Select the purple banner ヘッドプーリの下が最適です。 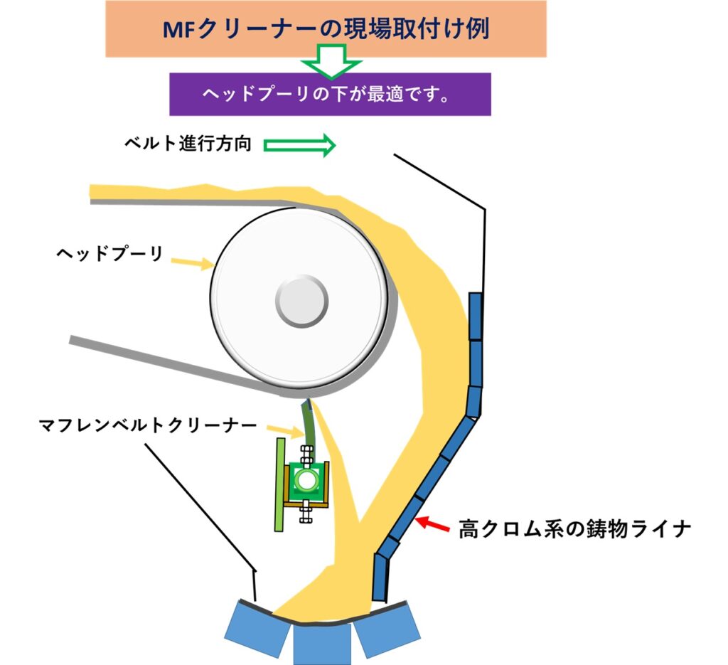click(330, 95)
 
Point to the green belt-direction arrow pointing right click(299, 145)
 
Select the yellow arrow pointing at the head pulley click(194, 262)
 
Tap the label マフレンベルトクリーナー click(148, 426)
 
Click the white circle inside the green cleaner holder click(306, 480)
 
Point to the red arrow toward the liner click(433, 526)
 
